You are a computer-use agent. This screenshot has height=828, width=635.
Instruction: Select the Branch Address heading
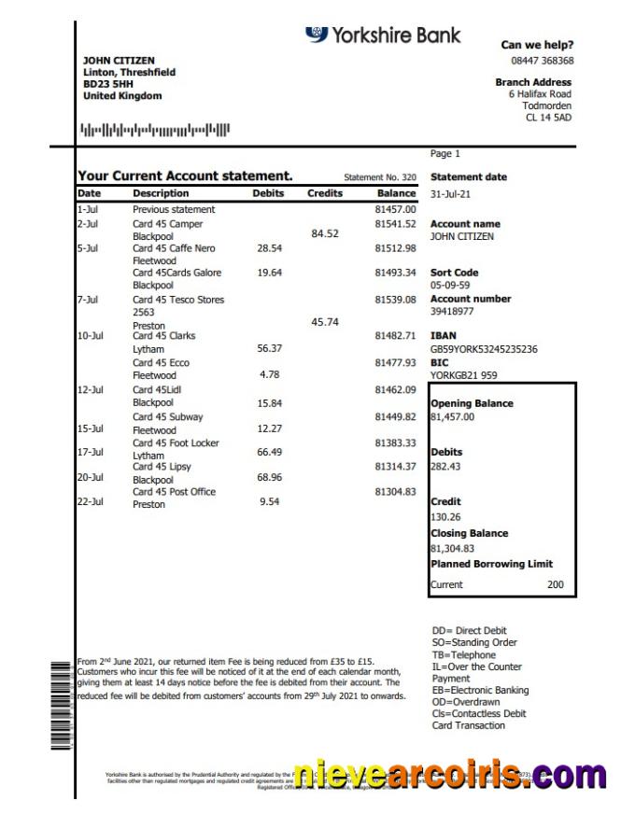pyautogui.click(x=533, y=82)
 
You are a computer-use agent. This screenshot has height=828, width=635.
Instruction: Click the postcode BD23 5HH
pyautogui.click(x=102, y=84)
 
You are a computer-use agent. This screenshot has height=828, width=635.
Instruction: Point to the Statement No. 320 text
pyautogui.click(x=380, y=177)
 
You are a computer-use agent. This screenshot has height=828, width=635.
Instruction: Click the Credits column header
pyautogui.click(x=325, y=193)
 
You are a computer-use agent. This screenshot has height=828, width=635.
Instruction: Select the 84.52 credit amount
pyautogui.click(x=325, y=233)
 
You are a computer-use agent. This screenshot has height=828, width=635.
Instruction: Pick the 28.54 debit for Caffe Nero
pyautogui.click(x=269, y=249)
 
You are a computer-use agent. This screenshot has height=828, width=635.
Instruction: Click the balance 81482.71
pyautogui.click(x=395, y=335)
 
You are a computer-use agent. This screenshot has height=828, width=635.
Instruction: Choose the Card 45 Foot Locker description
pyautogui.click(x=176, y=443)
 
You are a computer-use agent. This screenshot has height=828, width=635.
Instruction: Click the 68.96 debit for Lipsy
pyautogui.click(x=269, y=478)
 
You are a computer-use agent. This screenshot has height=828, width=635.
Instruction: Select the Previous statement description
pyautogui.click(x=174, y=210)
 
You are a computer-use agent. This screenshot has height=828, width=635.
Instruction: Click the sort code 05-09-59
pyautogui.click(x=450, y=285)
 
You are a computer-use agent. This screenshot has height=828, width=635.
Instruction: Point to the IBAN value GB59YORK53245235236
pyautogui.click(x=484, y=349)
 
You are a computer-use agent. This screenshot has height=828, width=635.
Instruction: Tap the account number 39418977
pyautogui.click(x=452, y=312)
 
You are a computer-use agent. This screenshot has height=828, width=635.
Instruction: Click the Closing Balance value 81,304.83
pyautogui.click(x=453, y=549)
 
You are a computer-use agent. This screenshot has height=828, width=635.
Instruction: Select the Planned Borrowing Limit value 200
pyautogui.click(x=556, y=584)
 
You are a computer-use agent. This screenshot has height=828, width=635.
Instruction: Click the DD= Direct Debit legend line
pyautogui.click(x=470, y=631)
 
